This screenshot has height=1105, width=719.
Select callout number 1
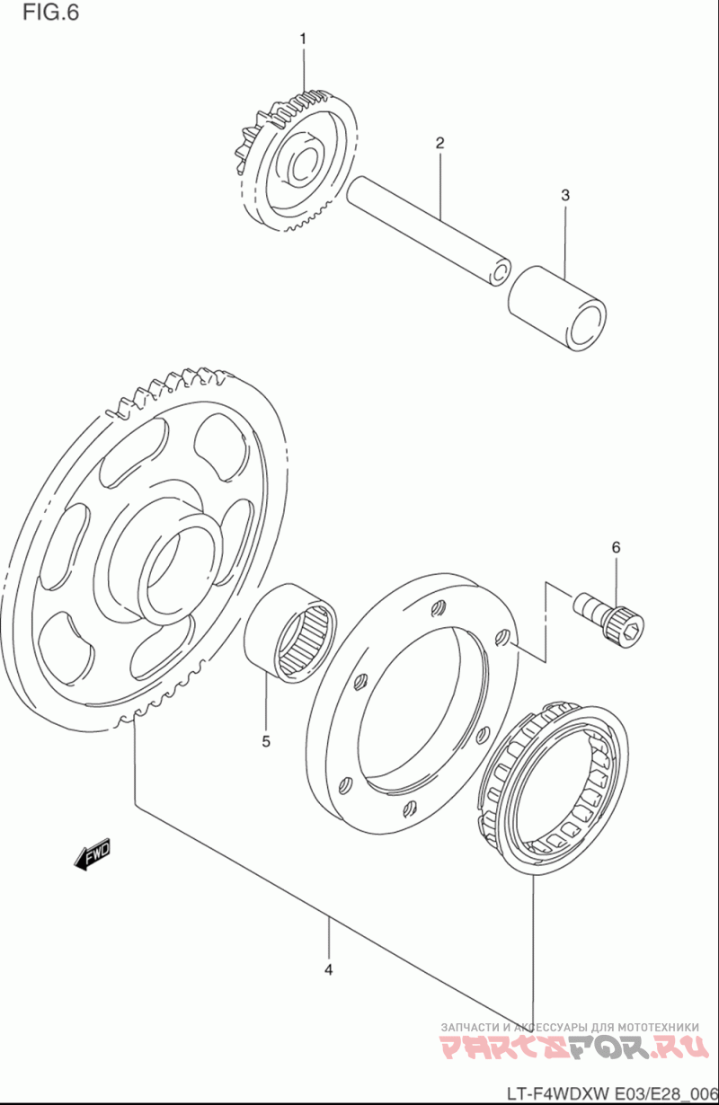click(x=303, y=39)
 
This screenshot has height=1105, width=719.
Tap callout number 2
click(x=440, y=143)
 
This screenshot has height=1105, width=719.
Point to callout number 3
click(x=565, y=194)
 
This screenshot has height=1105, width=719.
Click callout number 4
click(x=329, y=969)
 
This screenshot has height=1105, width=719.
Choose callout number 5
click(x=266, y=741)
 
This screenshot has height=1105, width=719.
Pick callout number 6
click(x=617, y=546)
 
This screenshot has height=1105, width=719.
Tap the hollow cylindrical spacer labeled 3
click(x=557, y=305)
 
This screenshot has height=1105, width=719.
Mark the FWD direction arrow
click(x=92, y=855)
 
